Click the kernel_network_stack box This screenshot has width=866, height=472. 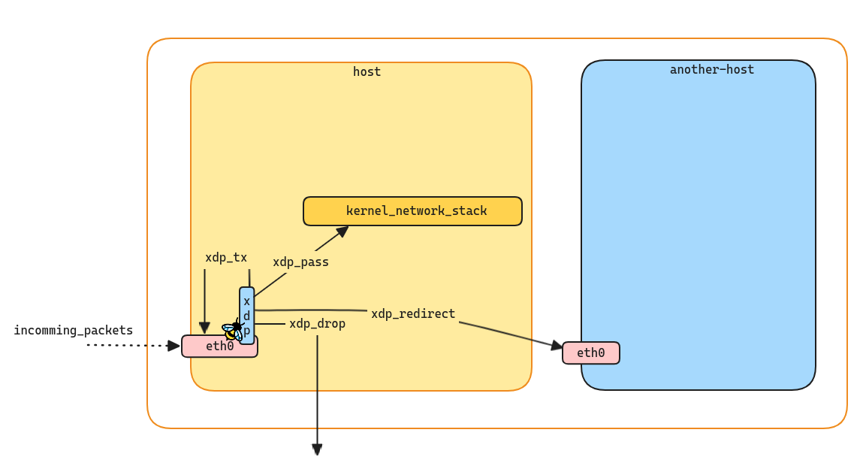[x=412, y=211]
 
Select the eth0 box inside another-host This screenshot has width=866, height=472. [x=590, y=353]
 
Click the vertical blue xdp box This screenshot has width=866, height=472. [x=247, y=316]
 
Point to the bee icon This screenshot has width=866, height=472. [x=233, y=331]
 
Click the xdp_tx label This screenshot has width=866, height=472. [x=226, y=258]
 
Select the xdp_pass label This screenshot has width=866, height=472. [x=300, y=262]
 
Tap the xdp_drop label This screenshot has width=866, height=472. [x=317, y=324]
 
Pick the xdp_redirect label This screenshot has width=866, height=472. [x=413, y=314]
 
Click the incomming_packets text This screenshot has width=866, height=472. [x=73, y=331]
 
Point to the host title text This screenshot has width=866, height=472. [x=367, y=72]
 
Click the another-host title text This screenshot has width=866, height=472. [x=711, y=70]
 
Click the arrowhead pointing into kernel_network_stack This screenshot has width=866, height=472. [x=342, y=231]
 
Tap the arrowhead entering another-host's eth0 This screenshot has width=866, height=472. [x=557, y=346]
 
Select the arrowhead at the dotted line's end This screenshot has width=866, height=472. [x=174, y=346]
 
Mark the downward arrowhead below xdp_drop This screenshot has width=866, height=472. [x=317, y=449]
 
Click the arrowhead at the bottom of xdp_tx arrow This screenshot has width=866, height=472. [x=204, y=328]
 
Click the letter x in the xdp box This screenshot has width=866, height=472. [x=246, y=301]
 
